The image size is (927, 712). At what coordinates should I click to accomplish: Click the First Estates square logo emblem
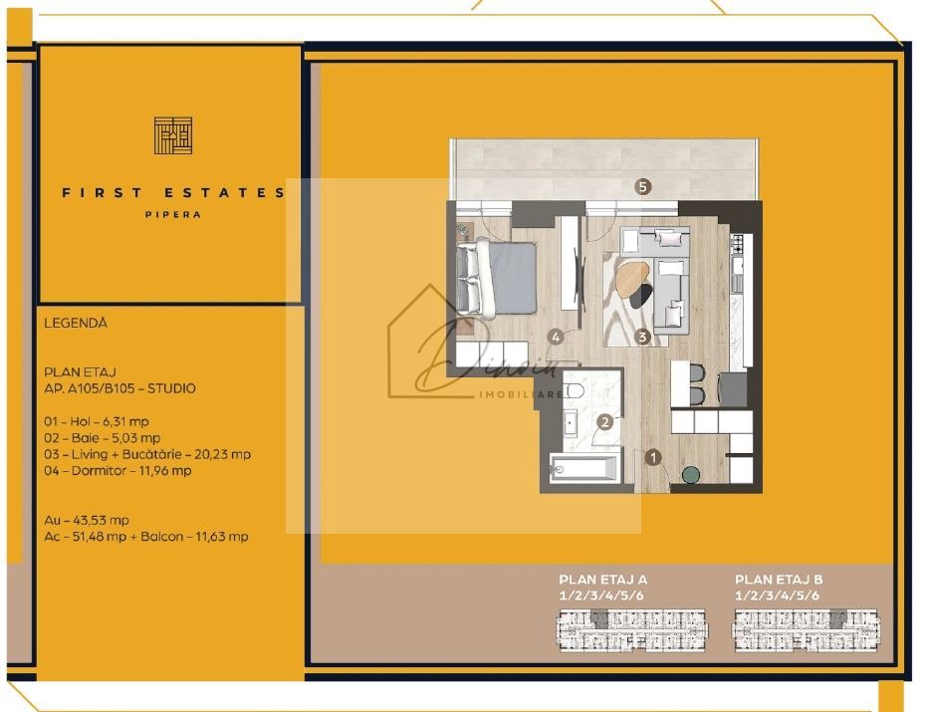[172, 135]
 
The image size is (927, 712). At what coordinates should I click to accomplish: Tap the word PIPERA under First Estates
[173, 214]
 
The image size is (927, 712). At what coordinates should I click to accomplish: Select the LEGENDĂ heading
[76, 324]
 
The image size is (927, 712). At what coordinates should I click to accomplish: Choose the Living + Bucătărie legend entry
[147, 454]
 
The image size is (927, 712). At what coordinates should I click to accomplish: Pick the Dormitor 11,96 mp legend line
[117, 470]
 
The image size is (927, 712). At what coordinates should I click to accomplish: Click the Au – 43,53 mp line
[87, 520]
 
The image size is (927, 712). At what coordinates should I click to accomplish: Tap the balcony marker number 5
[643, 186]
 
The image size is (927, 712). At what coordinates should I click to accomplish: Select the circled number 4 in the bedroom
[556, 337]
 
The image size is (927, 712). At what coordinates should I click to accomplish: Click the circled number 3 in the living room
[643, 337]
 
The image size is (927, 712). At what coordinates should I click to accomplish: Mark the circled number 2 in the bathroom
[603, 421]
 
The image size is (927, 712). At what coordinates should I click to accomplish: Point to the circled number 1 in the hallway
[654, 458]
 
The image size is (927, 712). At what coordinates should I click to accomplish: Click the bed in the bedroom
[497, 276]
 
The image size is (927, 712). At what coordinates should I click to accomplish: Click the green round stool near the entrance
[690, 474]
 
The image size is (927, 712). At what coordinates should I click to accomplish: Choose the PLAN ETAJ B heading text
[779, 579]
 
